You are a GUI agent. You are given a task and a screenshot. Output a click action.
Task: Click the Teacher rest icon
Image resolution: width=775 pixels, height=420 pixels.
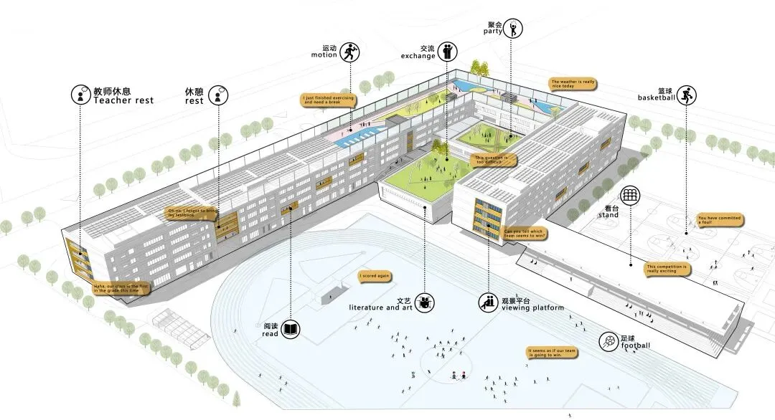click(80, 94)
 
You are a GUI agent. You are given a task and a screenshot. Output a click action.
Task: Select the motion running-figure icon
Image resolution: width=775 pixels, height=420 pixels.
click(350, 52)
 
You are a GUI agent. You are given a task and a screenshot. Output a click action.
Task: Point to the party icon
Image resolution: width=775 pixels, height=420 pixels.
click(514, 29)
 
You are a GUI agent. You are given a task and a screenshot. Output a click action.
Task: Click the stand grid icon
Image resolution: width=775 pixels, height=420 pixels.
click(630, 196)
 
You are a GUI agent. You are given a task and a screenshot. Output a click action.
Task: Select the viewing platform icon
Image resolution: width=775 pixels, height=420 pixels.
click(488, 302)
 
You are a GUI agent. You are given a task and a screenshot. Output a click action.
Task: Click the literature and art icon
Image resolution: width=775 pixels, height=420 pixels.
click(426, 302)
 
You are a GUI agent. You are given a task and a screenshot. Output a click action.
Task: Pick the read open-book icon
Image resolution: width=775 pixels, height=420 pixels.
click(291, 330)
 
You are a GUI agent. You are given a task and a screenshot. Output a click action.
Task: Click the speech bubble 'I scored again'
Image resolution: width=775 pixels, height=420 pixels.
click(375, 275)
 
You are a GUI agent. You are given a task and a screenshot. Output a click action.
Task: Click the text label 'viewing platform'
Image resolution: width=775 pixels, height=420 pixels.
click(527, 307)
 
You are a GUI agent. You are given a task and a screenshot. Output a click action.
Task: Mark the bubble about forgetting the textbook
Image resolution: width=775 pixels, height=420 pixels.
click(192, 212)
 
